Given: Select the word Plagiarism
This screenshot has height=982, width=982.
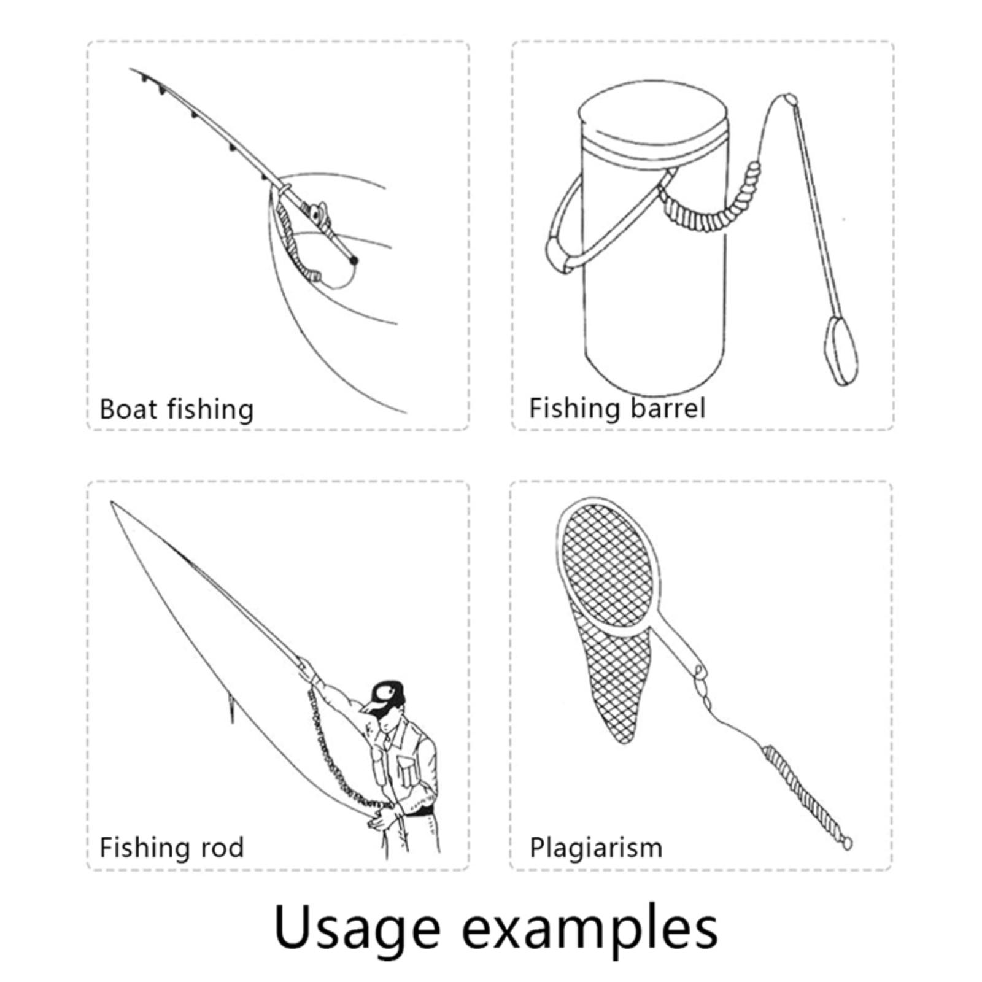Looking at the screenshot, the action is click(x=596, y=848).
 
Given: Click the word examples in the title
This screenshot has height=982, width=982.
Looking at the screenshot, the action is click(x=589, y=928).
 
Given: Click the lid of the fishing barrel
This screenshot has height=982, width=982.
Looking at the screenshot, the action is click(x=652, y=123).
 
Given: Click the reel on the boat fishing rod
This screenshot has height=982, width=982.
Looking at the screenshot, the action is click(x=319, y=215).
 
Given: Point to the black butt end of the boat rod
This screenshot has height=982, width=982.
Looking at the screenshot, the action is click(x=354, y=261).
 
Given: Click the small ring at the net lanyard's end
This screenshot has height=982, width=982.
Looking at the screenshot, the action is click(x=846, y=844).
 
